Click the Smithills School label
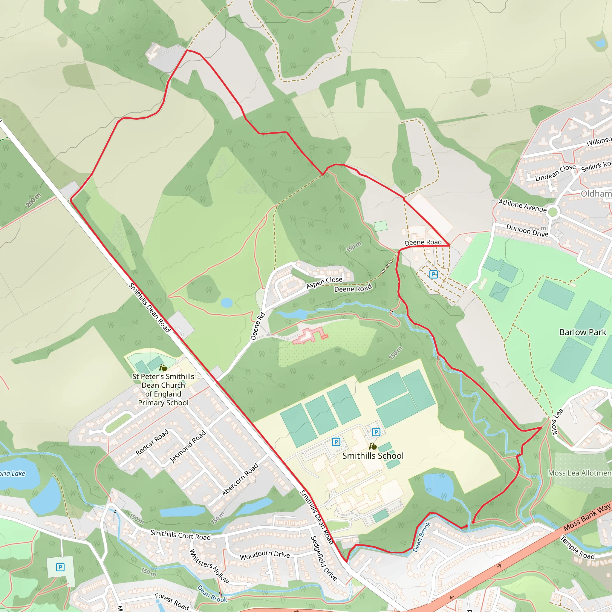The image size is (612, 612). click(x=373, y=456)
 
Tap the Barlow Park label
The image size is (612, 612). click(x=582, y=332)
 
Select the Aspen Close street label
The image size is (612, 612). click(x=324, y=283)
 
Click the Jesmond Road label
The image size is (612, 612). click(x=188, y=447)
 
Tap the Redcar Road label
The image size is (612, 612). click(x=152, y=442)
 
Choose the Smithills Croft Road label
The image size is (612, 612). click(x=180, y=535)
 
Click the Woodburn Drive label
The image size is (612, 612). click(x=265, y=555)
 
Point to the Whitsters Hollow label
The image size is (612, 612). click(x=209, y=566)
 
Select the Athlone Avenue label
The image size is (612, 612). click(x=523, y=206)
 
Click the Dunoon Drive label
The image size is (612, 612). click(x=527, y=231)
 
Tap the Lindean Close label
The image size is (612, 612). click(x=555, y=173)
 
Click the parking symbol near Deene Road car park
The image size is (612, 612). click(x=433, y=274)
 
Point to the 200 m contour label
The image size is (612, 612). click(x=33, y=200)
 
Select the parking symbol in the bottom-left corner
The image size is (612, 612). click(x=60, y=567)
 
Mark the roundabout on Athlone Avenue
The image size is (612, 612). click(x=553, y=212)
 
